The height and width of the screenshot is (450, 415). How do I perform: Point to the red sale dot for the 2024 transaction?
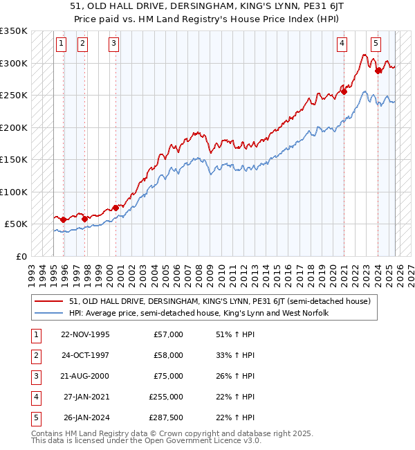[x=378, y=71]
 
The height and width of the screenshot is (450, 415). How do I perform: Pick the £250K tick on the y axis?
[x=13, y=96]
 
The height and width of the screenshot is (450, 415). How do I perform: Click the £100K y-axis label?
[x=13, y=192]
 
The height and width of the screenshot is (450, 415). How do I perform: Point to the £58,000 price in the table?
[x=168, y=355]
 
